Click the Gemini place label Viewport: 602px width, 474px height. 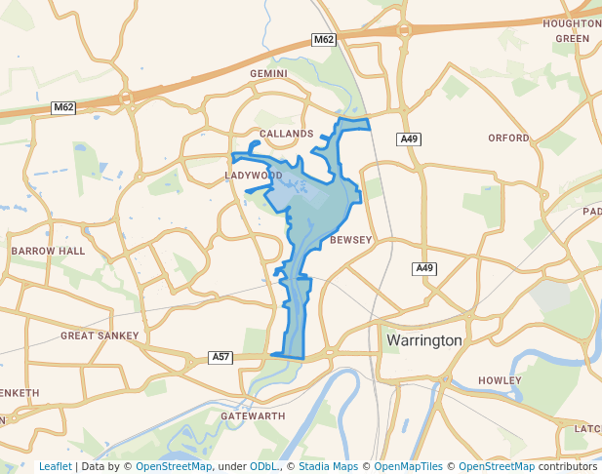(x=269, y=73)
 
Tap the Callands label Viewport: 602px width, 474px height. (x=286, y=133)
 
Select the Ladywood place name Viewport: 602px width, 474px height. (x=253, y=176)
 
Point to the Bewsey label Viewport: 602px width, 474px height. (x=351, y=240)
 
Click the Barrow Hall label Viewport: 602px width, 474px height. (x=49, y=251)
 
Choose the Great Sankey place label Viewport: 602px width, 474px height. (x=100, y=336)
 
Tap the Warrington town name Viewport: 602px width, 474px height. (x=424, y=341)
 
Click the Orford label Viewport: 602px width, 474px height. (x=508, y=138)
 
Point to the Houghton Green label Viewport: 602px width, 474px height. (x=573, y=30)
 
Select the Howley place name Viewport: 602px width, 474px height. (x=501, y=380)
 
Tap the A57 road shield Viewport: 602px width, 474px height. (x=221, y=358)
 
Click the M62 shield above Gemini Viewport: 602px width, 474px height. (x=325, y=39)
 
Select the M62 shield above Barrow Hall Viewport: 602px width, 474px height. (x=64, y=106)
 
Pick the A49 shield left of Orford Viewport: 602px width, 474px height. (x=410, y=139)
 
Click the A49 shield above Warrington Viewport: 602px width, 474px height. (x=423, y=268)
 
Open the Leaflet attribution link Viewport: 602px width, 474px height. (x=55, y=466)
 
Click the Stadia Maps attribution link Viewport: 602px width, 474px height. (x=326, y=466)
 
